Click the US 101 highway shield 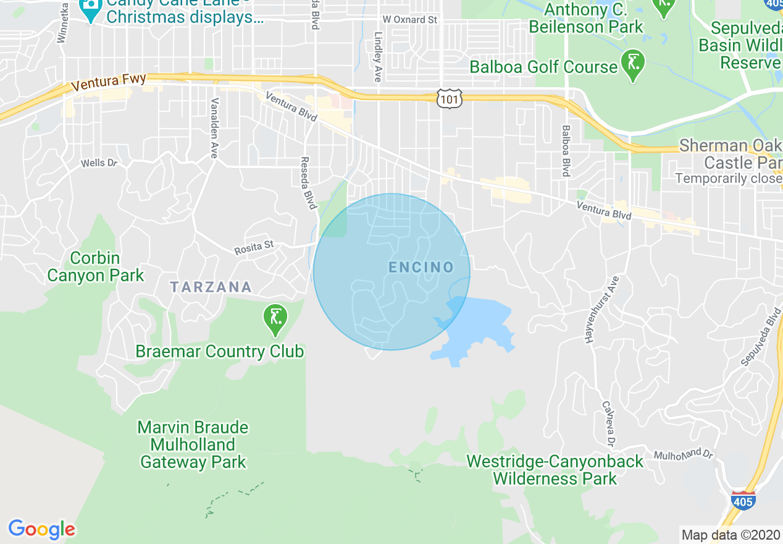(x=449, y=98)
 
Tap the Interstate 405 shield (x=742, y=499)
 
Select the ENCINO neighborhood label (x=421, y=268)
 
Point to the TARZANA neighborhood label (x=211, y=287)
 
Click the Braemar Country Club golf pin (x=275, y=319)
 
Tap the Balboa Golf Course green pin (x=633, y=66)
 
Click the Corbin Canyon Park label (x=95, y=266)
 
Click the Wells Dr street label (x=99, y=164)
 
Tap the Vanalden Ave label (x=214, y=128)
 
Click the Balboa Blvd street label (x=565, y=151)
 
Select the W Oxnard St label (x=409, y=20)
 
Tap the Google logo (x=41, y=529)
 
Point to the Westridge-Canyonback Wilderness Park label (x=555, y=470)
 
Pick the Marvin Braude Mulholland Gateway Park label (x=193, y=444)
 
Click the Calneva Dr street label (x=608, y=424)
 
